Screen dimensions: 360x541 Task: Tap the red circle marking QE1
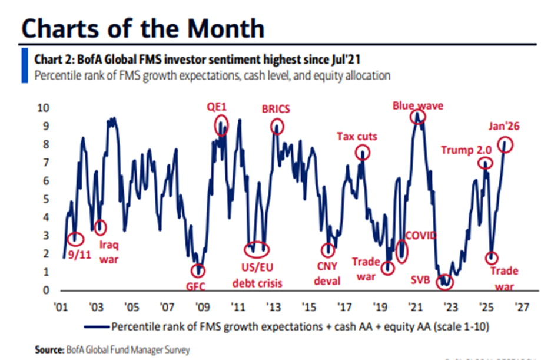221,127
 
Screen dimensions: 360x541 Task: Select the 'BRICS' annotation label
277,109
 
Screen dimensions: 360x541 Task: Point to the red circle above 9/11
75,238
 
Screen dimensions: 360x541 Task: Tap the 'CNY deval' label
327,273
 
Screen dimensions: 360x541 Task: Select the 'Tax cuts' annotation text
357,137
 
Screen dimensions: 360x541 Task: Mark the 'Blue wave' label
418,105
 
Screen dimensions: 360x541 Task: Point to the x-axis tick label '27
522,307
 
